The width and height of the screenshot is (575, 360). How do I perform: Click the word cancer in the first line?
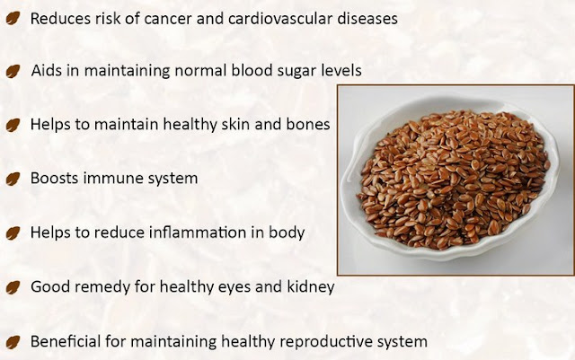pos(168,19)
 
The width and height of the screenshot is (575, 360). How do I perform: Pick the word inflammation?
pos(198,233)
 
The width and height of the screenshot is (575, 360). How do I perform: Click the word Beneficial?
pos(66,341)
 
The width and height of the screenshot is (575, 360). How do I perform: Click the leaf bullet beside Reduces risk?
pos(13,18)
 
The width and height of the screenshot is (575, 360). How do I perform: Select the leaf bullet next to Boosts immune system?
pos(13,179)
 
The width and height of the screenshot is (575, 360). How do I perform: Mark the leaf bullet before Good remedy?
pos(13,287)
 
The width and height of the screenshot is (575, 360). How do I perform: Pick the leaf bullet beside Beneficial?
pos(13,342)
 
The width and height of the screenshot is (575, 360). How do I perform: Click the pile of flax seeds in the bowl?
pos(454,180)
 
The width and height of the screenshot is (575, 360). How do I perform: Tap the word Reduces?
pos(60,18)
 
